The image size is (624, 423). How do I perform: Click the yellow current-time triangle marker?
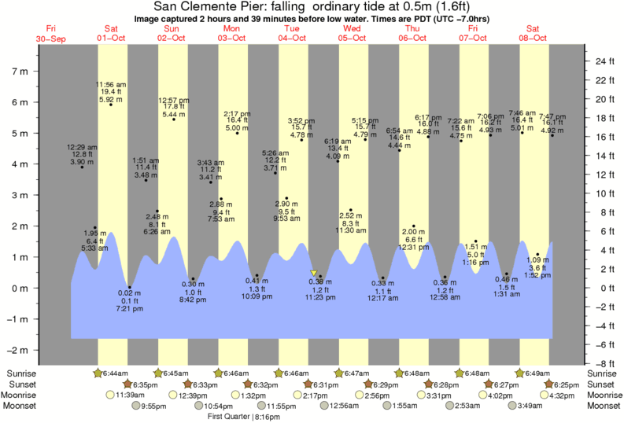click(314, 273)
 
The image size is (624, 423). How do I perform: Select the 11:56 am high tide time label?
click(111, 84)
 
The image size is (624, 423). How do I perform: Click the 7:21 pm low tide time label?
click(129, 309)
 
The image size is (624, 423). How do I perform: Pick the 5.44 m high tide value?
click(173, 115)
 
